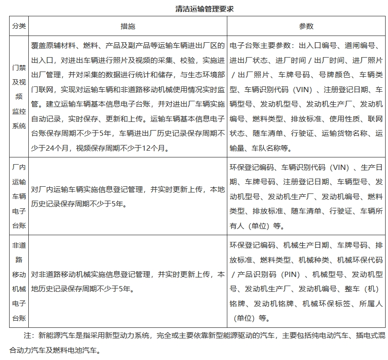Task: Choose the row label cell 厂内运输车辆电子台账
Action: coord(19,196)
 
